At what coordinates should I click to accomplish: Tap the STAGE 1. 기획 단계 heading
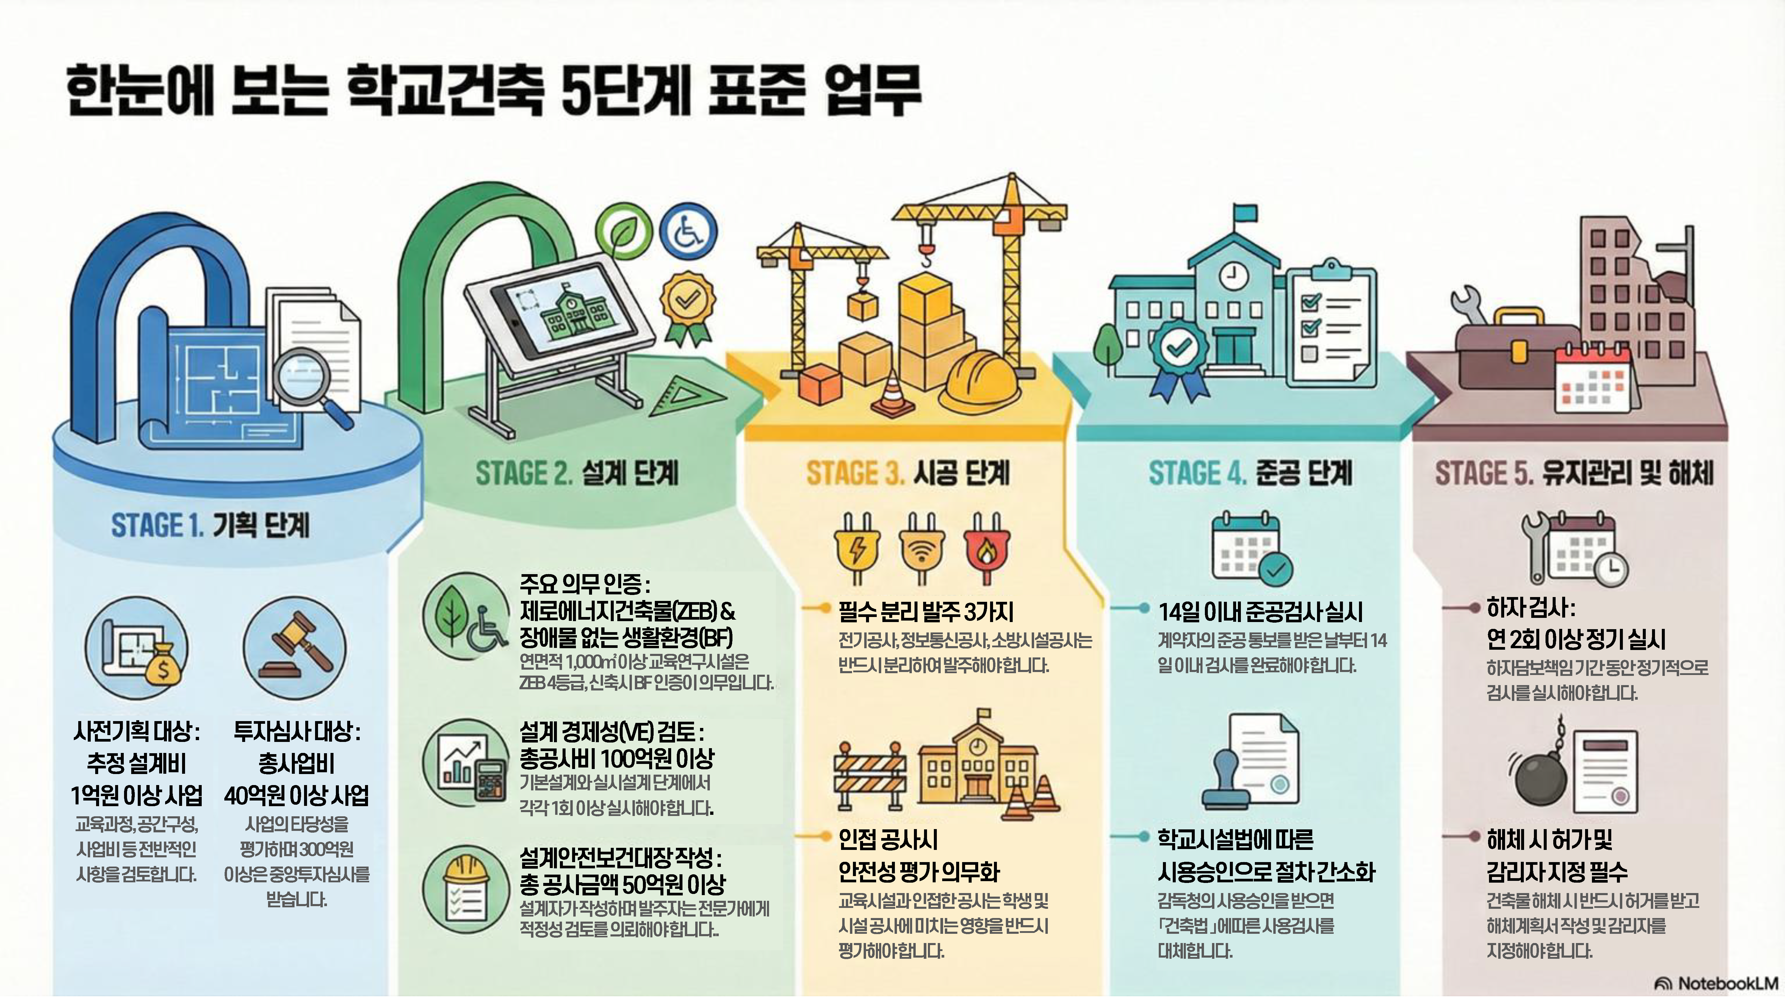pyautogui.click(x=210, y=525)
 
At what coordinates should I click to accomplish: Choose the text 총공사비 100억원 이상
pyautogui.click(x=617, y=758)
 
